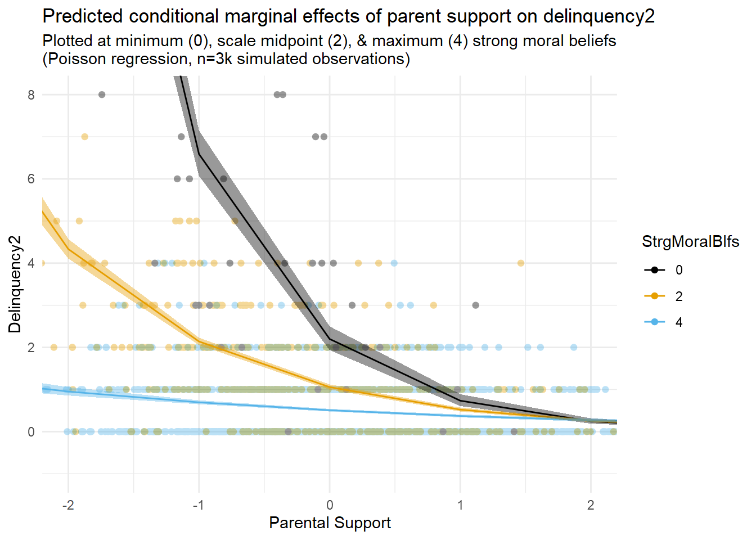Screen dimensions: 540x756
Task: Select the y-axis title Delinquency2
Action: (15, 284)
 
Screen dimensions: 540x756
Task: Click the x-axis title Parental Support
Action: (330, 523)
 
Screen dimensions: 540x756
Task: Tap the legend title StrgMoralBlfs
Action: (690, 242)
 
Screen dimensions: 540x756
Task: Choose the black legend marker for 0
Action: (655, 270)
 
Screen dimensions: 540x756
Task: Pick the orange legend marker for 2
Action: (655, 296)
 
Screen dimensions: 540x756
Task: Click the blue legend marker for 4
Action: (655, 322)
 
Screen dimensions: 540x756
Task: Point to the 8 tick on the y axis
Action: (31, 95)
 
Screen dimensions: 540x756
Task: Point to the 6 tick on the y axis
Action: (31, 179)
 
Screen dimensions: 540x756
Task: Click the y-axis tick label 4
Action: (31, 263)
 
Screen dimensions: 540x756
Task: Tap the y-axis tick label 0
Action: (31, 432)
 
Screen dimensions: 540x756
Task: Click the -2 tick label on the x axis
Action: (67, 505)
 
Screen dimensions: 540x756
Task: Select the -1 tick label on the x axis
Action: (198, 505)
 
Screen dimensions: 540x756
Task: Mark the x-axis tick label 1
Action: (460, 505)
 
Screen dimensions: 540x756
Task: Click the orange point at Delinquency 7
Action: (84, 137)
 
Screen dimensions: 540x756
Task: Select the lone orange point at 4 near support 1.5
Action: (521, 263)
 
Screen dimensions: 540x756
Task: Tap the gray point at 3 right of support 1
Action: (476, 305)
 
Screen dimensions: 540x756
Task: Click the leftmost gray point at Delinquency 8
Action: (102, 94)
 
